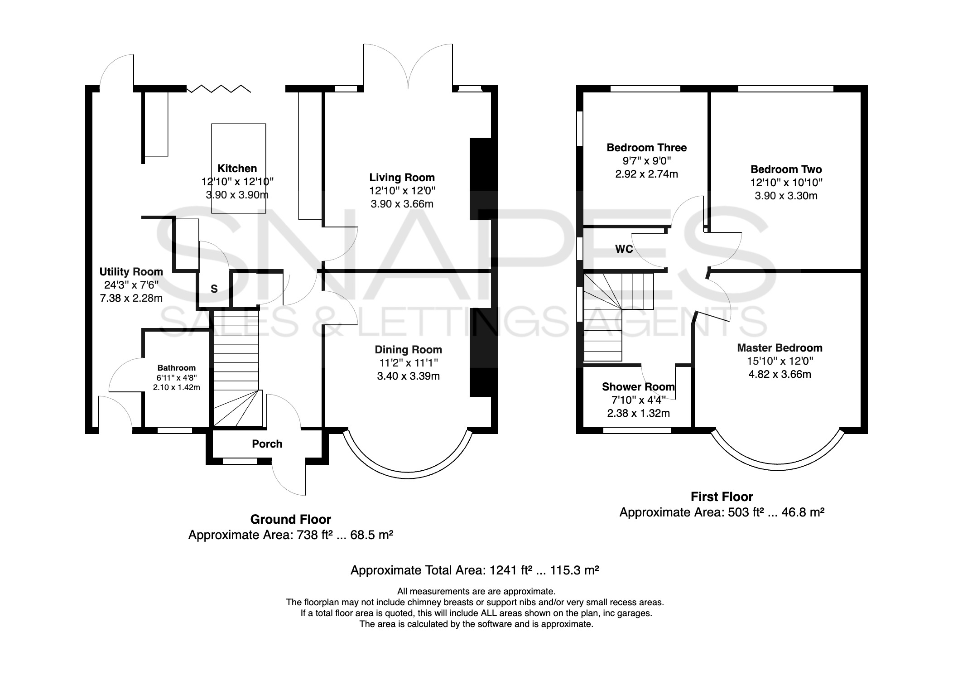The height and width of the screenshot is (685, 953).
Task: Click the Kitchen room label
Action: pos(237,169)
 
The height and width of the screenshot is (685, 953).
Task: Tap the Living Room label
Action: pos(402,178)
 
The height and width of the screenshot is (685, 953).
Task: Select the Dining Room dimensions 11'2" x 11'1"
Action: pos(408,363)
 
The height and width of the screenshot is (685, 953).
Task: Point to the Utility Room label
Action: pos(131,272)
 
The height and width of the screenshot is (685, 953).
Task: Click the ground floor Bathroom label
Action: pos(177,368)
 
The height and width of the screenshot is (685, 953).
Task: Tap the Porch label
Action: pos(267,444)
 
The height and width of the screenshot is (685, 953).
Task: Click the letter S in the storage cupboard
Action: pos(214,289)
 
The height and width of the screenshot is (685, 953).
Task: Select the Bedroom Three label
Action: pos(646,148)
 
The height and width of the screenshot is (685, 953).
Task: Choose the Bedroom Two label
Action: pos(786,169)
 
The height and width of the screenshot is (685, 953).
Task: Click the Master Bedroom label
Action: pos(780,348)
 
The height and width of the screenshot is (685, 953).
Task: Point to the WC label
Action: pos(624,249)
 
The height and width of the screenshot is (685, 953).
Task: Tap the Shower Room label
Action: pos(638,387)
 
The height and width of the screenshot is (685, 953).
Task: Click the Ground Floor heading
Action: pos(291,519)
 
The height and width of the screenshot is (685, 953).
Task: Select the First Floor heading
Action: pos(722,497)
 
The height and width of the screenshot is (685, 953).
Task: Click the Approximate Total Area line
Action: pos(475,570)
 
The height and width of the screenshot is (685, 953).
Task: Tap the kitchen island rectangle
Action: pos(239,168)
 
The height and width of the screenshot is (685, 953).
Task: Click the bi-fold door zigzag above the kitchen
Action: pos(219,88)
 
